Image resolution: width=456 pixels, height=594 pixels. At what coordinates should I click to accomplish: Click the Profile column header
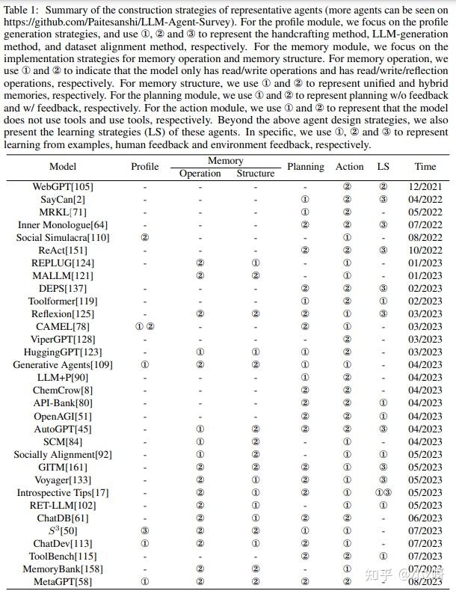[145, 167]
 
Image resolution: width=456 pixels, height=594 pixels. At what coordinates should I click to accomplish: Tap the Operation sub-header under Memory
[200, 174]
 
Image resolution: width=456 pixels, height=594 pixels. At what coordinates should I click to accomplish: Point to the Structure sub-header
[256, 174]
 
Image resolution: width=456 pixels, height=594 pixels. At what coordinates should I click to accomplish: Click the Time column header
[425, 167]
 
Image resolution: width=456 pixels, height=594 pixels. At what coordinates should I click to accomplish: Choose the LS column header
[383, 167]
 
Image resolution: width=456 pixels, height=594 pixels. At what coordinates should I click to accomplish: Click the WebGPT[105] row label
[63, 186]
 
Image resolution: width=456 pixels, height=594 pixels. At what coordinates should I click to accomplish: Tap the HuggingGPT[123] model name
[63, 352]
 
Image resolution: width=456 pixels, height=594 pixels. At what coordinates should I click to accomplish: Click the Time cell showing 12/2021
[425, 186]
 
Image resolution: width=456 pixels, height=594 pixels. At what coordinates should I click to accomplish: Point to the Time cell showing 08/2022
[425, 238]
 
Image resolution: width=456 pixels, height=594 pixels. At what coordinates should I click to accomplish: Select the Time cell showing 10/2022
[425, 251]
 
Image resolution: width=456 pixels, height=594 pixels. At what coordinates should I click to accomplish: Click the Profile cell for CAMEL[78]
[145, 327]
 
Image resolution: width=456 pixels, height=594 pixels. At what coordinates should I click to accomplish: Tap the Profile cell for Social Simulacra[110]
[145, 238]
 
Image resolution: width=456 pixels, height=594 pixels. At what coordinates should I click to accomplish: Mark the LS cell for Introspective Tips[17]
[383, 493]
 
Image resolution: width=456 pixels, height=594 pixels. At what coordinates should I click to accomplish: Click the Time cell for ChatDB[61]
[425, 518]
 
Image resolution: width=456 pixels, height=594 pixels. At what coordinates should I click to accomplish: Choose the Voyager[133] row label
[63, 480]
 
